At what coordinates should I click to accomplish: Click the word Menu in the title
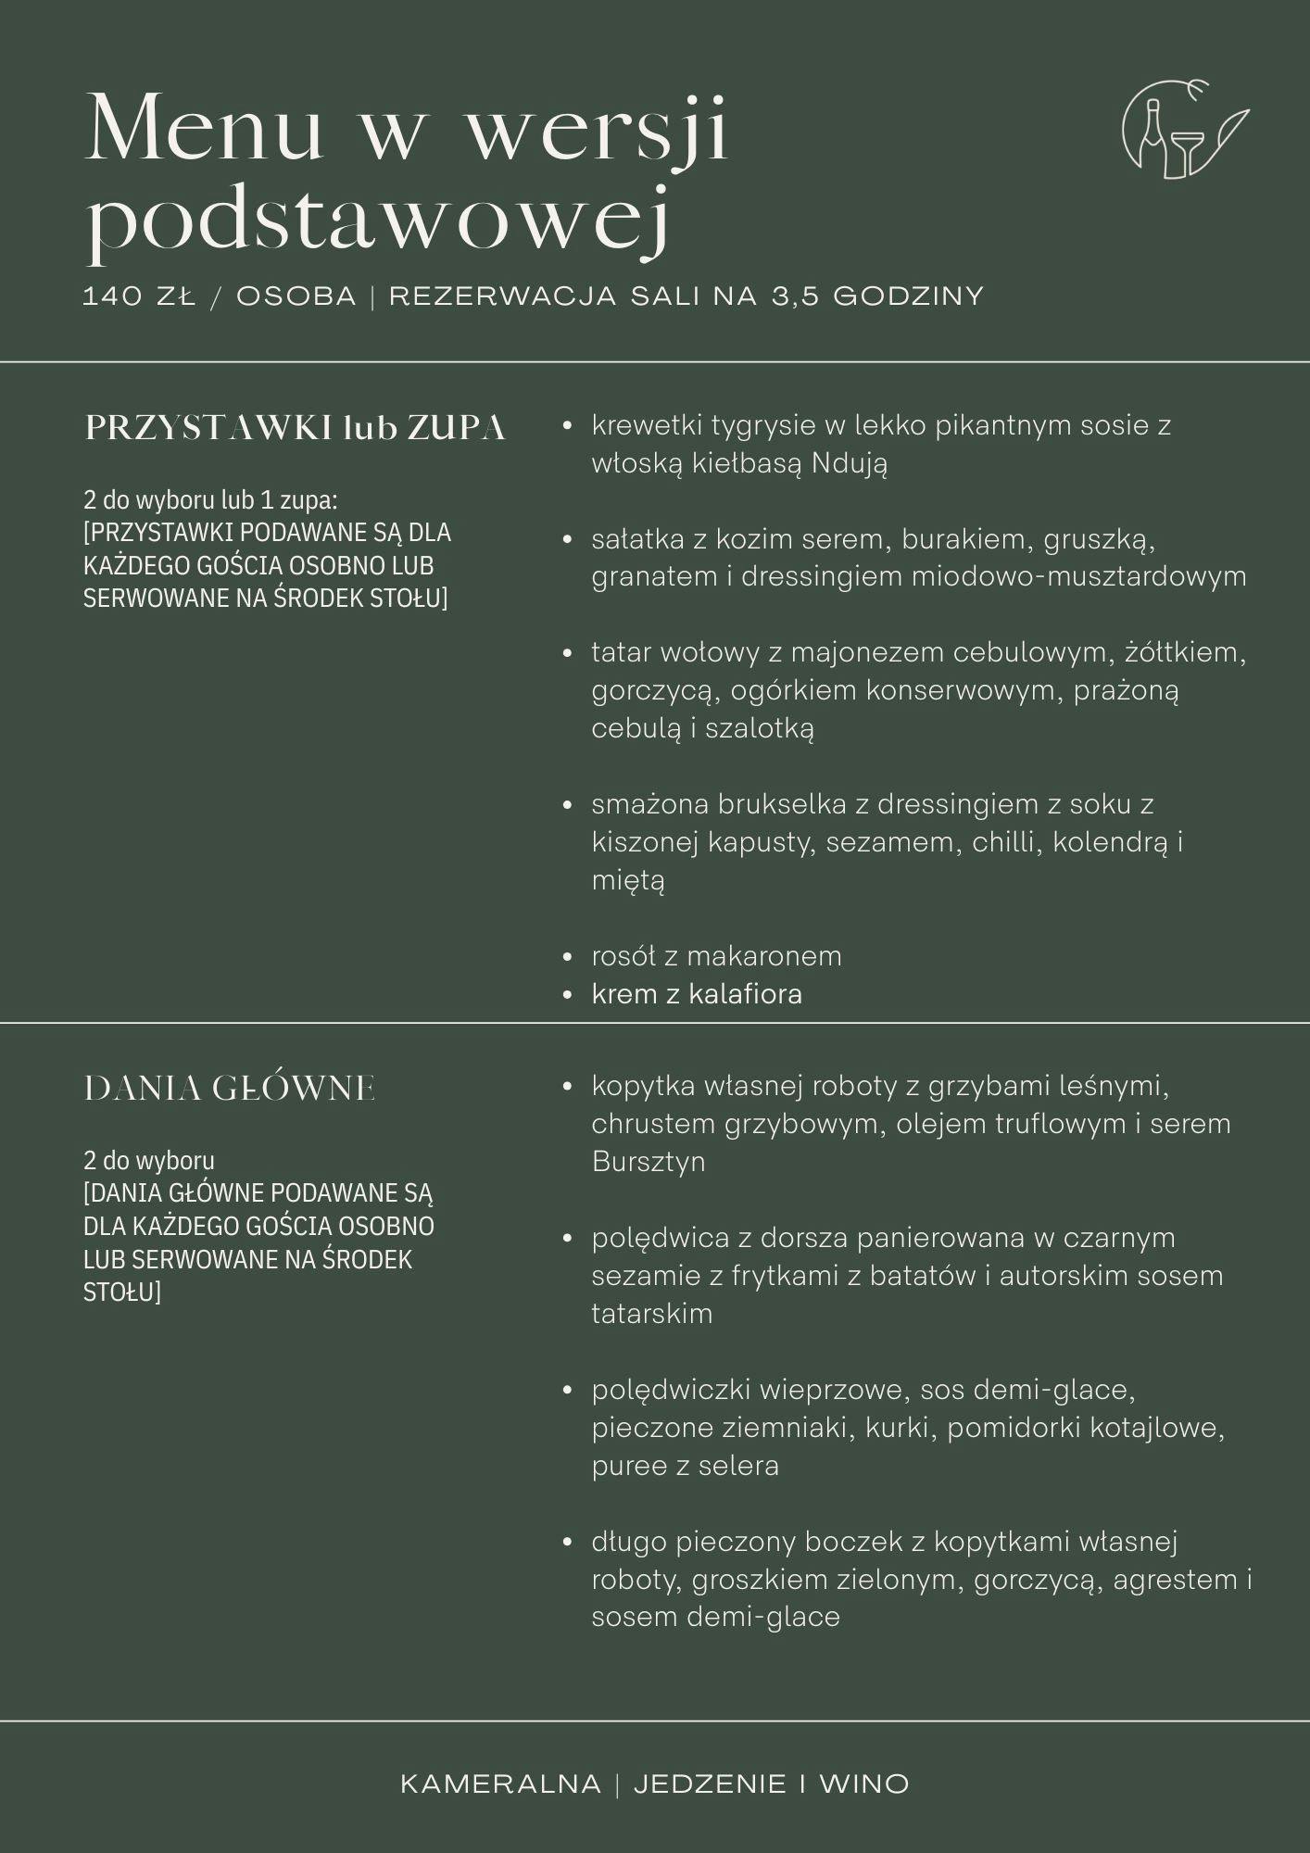click(204, 130)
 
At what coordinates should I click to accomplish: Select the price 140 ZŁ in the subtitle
click(140, 296)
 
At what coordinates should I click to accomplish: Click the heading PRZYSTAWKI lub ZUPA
click(295, 428)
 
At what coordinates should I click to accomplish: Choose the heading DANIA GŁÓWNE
click(230, 1088)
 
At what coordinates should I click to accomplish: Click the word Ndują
click(849, 463)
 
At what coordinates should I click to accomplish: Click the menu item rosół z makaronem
click(716, 956)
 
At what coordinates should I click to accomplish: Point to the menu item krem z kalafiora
click(697, 994)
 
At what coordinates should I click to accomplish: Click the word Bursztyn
click(649, 1162)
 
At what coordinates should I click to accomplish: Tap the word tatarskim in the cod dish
click(652, 1314)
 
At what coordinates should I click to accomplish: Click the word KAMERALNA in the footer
click(500, 1784)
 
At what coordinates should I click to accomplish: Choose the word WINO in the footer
click(863, 1784)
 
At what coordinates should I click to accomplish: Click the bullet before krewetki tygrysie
click(568, 426)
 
